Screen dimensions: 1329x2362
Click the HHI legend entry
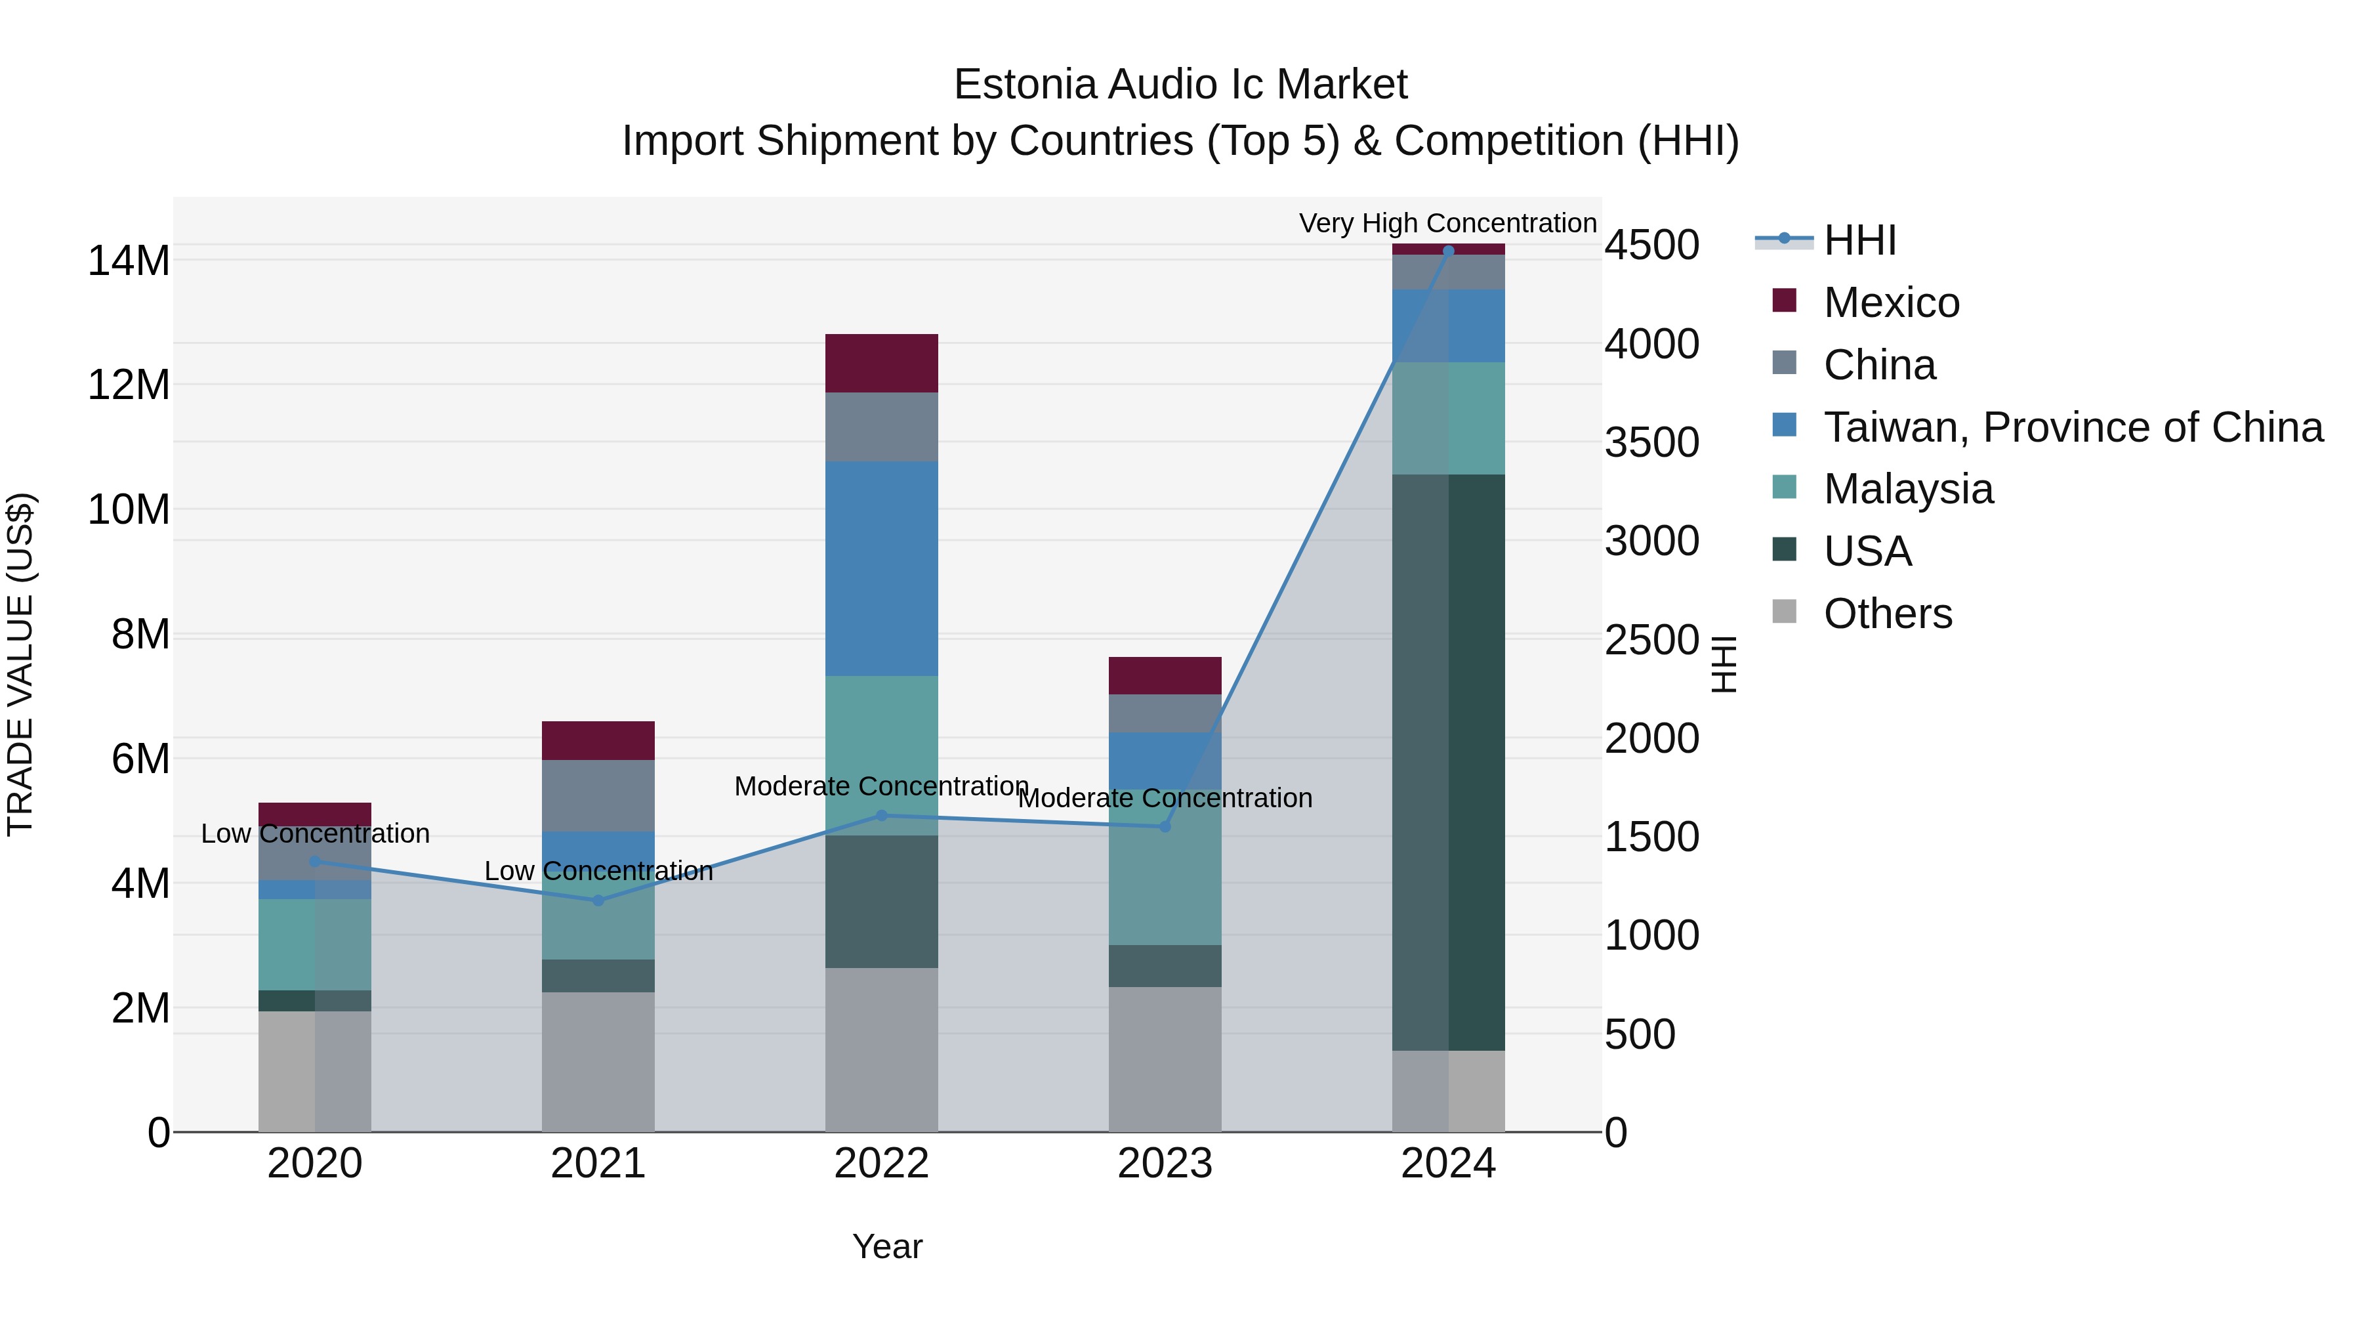pyautogui.click(x=1859, y=240)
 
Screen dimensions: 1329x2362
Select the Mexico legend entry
pyautogui.click(x=1891, y=303)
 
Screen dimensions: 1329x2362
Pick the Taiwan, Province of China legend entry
pyautogui.click(x=2072, y=427)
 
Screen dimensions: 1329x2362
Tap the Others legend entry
pyautogui.click(x=1887, y=614)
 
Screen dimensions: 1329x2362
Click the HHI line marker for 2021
pyautogui.click(x=598, y=900)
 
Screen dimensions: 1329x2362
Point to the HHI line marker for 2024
pyautogui.click(x=1448, y=251)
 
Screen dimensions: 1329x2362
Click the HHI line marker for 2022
pyautogui.click(x=881, y=815)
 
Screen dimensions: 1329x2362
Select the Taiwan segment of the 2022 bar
pyautogui.click(x=881, y=568)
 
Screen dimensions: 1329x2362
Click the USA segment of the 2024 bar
pyautogui.click(x=1448, y=761)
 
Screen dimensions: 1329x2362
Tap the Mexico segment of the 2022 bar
pyautogui.click(x=881, y=363)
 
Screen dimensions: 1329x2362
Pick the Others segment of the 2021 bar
pyautogui.click(x=598, y=1061)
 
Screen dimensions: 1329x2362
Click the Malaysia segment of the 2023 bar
pyautogui.click(x=1165, y=867)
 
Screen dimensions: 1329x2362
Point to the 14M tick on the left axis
pyautogui.click(x=129, y=261)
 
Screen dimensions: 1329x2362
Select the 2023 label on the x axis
pyautogui.click(x=1165, y=1164)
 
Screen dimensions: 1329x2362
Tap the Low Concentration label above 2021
pyautogui.click(x=598, y=870)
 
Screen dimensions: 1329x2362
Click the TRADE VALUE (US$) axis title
pyautogui.click(x=20, y=664)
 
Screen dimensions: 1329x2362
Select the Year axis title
pyautogui.click(x=886, y=1246)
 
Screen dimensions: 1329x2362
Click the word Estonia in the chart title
pyautogui.click(x=1024, y=85)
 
